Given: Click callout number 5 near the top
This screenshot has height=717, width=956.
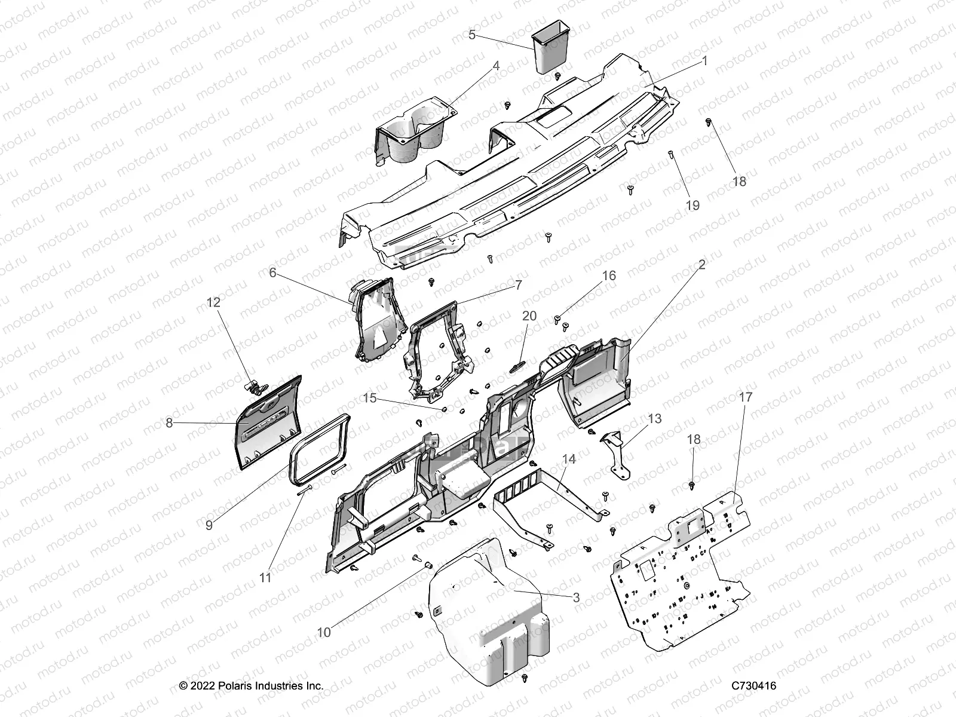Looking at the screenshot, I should [471, 35].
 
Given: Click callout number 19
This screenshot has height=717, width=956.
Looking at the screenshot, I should [693, 205].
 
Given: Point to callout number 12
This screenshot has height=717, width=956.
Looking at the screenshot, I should [213, 302].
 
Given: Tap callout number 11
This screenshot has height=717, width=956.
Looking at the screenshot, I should [265, 578].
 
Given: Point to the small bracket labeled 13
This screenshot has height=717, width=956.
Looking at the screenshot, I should [615, 452].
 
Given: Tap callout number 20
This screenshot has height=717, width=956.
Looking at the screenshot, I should [529, 315].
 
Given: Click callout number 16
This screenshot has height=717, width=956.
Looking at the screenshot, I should [608, 275].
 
